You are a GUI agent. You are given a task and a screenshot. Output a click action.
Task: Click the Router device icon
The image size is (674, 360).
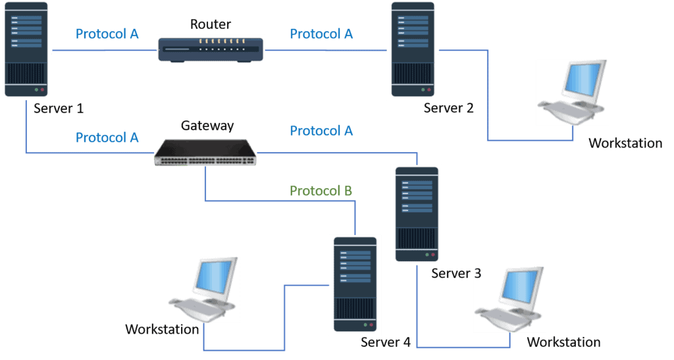click(210, 49)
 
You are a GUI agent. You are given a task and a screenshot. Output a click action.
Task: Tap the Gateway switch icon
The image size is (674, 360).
click(205, 153)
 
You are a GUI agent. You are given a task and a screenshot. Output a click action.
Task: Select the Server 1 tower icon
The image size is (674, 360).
click(26, 50)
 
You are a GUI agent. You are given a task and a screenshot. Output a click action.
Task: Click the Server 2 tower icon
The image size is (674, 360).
click(413, 51)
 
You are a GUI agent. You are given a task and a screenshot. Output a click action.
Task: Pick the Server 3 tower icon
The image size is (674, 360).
click(416, 214)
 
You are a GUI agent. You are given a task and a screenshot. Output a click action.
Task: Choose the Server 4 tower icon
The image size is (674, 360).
click(355, 284)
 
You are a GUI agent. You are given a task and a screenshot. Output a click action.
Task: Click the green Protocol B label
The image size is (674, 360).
click(321, 191)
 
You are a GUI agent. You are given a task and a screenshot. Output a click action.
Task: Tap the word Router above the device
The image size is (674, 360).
click(211, 25)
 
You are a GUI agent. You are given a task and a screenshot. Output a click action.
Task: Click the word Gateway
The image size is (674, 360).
click(207, 126)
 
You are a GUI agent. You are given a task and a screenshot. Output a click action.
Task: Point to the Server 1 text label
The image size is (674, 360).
click(58, 109)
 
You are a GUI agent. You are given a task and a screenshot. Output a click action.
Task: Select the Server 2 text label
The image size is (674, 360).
click(448, 109)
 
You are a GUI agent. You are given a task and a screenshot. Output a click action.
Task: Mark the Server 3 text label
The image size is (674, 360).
click(456, 273)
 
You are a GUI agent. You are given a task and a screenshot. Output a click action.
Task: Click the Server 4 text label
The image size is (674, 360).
click(386, 343)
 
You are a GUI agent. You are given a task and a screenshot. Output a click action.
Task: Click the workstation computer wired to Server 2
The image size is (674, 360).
click(572, 92)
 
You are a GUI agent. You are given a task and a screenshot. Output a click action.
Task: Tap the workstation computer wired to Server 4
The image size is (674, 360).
click(203, 290)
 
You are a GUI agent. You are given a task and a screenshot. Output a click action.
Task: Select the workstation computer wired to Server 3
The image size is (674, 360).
click(510, 299)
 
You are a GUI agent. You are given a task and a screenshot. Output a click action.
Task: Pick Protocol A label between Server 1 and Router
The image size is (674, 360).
click(107, 34)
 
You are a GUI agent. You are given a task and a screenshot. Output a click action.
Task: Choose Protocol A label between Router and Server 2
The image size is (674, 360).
click(321, 34)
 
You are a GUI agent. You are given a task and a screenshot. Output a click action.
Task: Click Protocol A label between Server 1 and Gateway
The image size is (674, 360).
click(107, 138)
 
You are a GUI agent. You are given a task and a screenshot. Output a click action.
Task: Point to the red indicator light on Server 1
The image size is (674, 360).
click(42, 89)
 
